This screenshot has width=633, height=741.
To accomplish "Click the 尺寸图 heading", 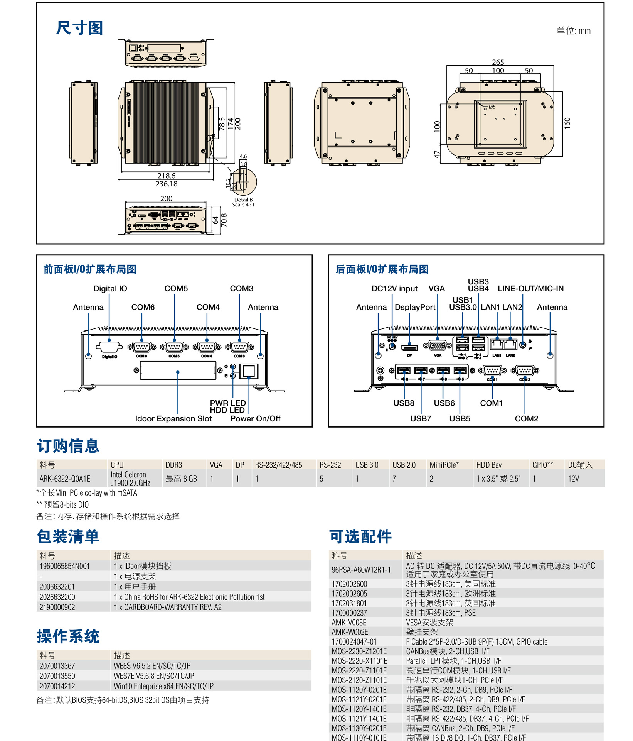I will (x=79, y=28).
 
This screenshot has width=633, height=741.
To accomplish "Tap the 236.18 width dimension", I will (x=167, y=184).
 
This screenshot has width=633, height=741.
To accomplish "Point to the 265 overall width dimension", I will (x=498, y=62).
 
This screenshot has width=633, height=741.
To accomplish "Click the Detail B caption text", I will (x=243, y=200).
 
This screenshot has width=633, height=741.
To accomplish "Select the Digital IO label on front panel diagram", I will (x=110, y=289).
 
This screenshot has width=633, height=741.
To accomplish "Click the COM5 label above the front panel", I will (x=176, y=289).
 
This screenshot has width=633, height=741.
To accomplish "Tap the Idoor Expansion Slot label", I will (x=173, y=419).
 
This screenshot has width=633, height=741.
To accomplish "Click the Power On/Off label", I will (x=255, y=419).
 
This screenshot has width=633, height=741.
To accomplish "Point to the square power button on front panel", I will (x=249, y=371).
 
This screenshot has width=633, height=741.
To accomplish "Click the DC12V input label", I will (x=394, y=289).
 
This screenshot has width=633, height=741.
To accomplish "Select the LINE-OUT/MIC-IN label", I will (x=530, y=289).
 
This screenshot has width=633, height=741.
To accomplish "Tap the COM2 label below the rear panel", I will (x=526, y=419).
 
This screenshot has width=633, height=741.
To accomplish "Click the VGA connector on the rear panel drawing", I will (x=438, y=345).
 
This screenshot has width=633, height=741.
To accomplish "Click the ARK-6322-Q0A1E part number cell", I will (x=65, y=479).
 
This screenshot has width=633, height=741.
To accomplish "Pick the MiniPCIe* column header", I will (x=444, y=465).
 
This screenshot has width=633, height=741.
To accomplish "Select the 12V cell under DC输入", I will (x=573, y=479).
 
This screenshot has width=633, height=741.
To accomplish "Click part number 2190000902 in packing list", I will (x=57, y=607).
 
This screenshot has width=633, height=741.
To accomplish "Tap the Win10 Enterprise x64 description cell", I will (x=163, y=686).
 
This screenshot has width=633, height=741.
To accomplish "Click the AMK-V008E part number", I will (x=349, y=623).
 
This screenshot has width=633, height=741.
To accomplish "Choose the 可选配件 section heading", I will (x=360, y=537).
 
